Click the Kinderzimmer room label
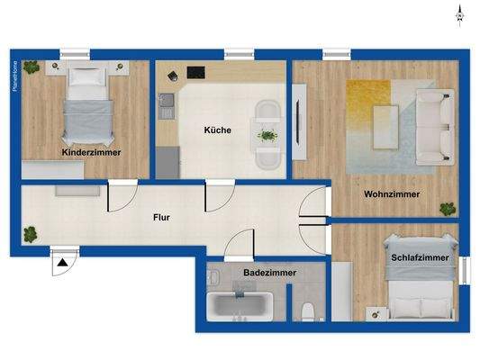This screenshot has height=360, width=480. coord(91,152)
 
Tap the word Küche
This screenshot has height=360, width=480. coord(217,130)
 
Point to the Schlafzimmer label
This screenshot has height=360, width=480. coord(421,257)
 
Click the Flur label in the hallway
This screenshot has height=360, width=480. coord(162,217)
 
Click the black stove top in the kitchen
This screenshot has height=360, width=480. coord(196,72)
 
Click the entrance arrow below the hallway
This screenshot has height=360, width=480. coord(64,263)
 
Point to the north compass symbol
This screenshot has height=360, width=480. coord(459,13)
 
